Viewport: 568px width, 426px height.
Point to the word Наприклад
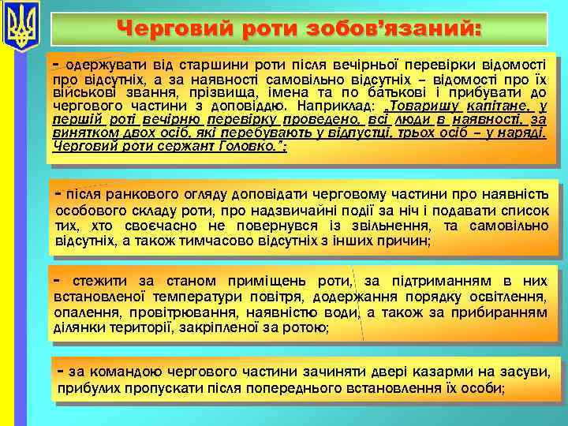pos(331,104)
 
